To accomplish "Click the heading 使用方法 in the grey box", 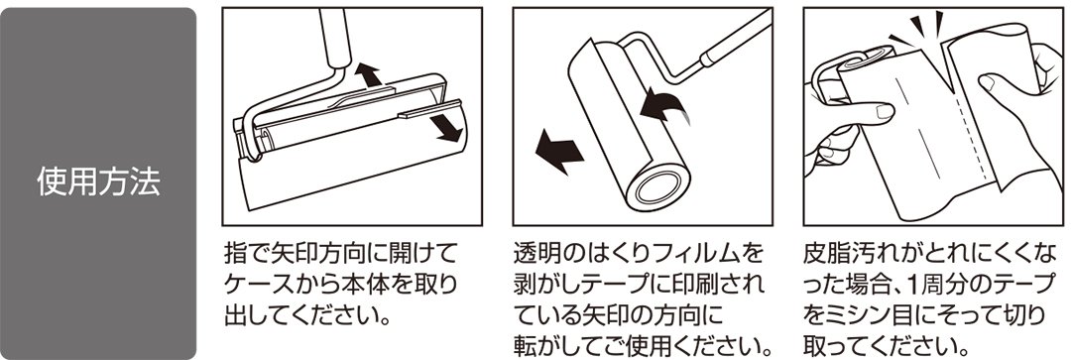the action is (x=98, y=182).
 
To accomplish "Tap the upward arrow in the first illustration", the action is (x=368, y=73).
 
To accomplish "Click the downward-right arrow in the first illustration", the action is (x=443, y=127).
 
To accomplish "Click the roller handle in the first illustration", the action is (x=334, y=38).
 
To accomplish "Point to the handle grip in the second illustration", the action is (x=735, y=37).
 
